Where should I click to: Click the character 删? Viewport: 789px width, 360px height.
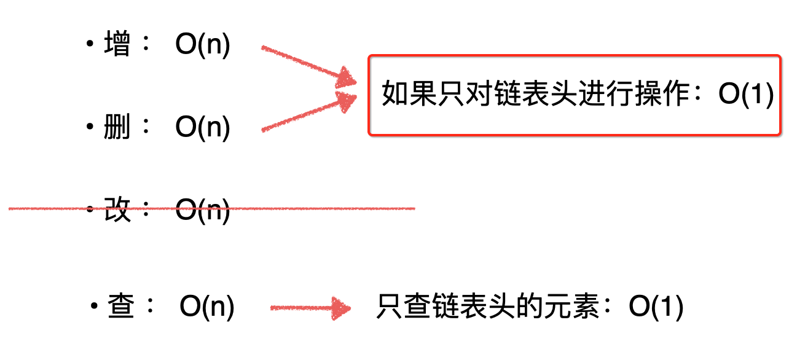pos(117,127)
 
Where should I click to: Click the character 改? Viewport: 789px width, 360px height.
pos(117,210)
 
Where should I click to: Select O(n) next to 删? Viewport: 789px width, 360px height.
pos(203,128)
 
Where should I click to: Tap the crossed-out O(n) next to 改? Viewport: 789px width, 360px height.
pos(203,211)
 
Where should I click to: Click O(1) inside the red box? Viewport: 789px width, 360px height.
pos(745,96)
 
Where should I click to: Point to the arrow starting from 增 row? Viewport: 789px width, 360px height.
pos(309,65)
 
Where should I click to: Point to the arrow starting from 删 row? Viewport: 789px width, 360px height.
pos(309,114)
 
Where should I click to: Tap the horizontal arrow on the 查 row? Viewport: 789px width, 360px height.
pos(310,308)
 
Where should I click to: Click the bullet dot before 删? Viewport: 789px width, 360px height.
pos(90,128)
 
